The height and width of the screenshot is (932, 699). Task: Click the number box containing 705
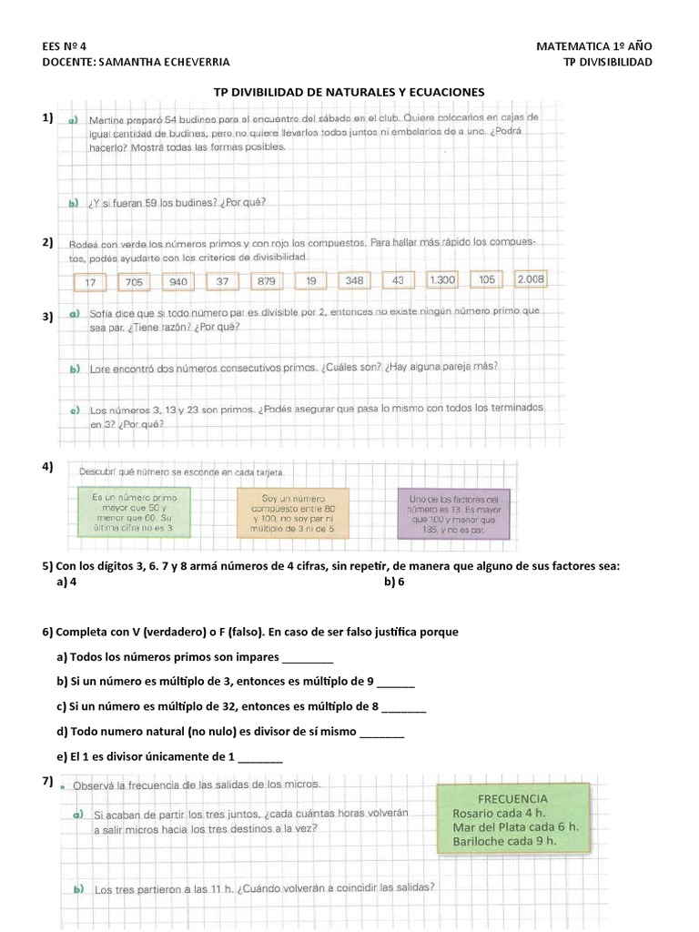pos(135,282)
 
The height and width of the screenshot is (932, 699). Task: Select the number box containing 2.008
pos(531,279)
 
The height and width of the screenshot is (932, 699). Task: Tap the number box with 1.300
pos(441,280)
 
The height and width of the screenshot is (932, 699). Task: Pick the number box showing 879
pos(266,281)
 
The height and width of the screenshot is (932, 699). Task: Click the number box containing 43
pos(397,280)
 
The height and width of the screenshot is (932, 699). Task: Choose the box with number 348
pos(354,280)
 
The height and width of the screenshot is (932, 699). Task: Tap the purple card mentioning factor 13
pos(454,514)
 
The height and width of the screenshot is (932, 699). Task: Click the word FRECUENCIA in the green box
pos(512,798)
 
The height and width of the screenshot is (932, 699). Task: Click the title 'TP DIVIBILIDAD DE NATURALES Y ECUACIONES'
pos(349,92)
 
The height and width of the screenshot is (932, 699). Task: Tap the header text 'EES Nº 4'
pos(66,46)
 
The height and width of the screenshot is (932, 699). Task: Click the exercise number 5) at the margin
pos(48,566)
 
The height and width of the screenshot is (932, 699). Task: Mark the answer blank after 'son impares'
pos(309,659)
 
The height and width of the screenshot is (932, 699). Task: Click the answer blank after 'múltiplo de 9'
pos(395,683)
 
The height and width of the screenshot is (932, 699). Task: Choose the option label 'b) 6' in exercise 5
pos(393,582)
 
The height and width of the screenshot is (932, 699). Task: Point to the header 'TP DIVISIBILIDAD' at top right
pos(608,62)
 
